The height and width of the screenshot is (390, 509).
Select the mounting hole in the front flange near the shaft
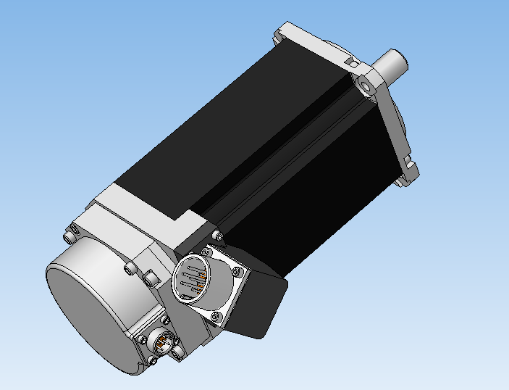click(368, 86)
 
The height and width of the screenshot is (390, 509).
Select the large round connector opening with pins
click(193, 278)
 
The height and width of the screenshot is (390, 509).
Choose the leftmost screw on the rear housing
click(71, 236)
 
